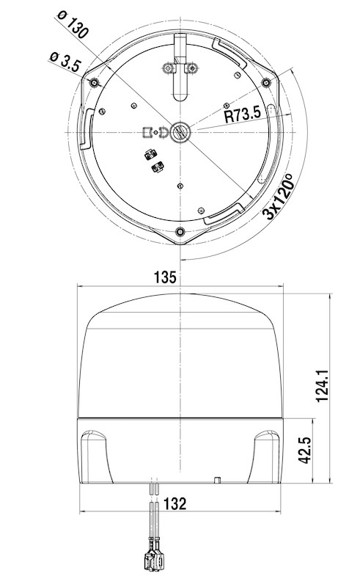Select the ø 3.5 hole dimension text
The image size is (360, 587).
tap(65, 62)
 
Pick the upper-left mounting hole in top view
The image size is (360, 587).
tap(93, 83)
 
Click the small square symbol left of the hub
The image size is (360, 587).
tap(147, 133)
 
